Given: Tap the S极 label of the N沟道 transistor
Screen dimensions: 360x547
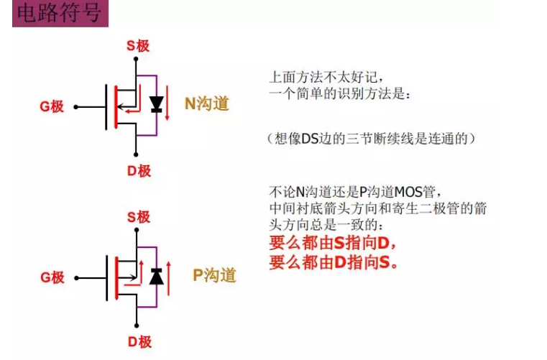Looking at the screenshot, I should click(x=138, y=45).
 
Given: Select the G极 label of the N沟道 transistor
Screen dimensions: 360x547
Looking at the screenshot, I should click(x=52, y=107).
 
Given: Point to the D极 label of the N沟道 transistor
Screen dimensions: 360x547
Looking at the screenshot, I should click(x=139, y=170).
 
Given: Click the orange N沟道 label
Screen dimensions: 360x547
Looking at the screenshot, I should click(x=207, y=103).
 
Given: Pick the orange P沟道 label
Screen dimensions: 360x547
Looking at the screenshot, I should click(x=214, y=275).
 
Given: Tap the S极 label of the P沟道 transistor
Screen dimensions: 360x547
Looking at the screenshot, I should click(x=138, y=216).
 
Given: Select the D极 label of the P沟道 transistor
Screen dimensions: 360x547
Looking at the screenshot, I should click(x=139, y=341).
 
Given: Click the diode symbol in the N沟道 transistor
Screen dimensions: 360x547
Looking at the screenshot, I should click(x=155, y=105).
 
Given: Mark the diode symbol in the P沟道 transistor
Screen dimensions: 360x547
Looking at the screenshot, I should click(x=156, y=277).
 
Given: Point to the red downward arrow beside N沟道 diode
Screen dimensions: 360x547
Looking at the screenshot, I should click(x=168, y=106).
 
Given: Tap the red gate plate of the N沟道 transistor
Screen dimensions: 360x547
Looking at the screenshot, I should click(x=115, y=107).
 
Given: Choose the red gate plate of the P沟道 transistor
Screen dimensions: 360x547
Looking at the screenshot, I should click(x=115, y=277).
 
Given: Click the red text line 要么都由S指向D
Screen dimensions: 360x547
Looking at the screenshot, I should click(x=333, y=243).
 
